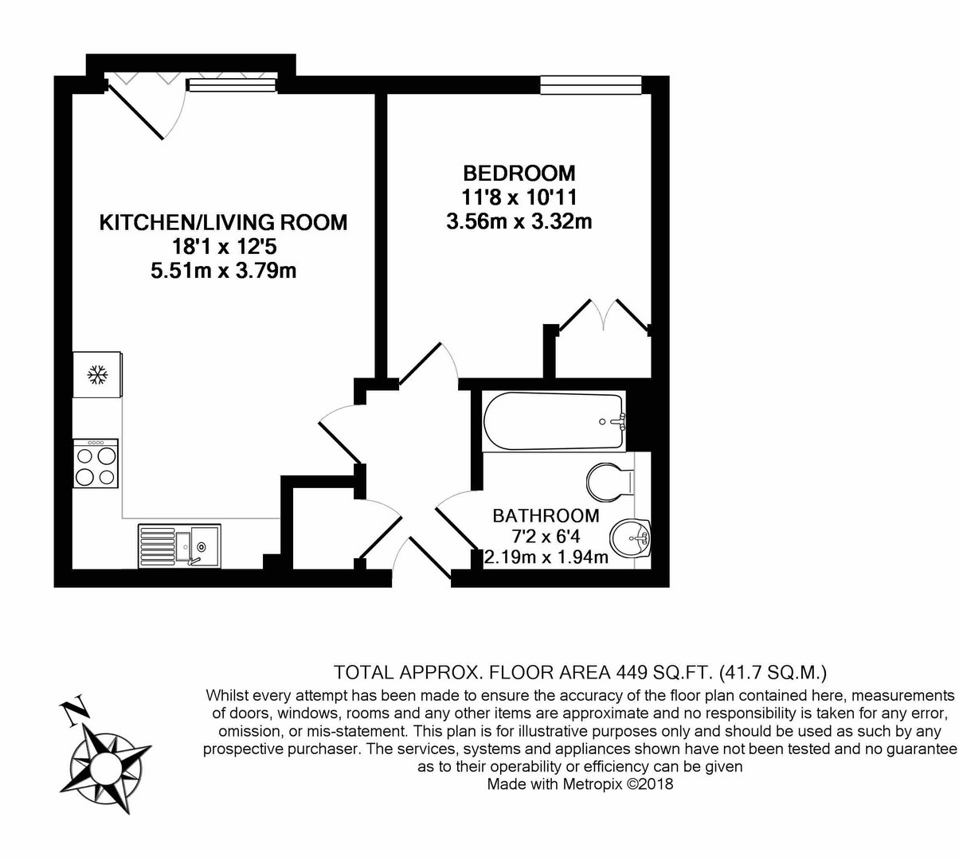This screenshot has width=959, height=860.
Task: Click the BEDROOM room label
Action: click(x=519, y=174)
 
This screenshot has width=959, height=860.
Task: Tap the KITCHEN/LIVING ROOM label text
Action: click(x=223, y=222)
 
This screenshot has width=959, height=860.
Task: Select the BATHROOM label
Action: click(x=546, y=515)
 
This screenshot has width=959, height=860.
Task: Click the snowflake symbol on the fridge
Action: click(x=97, y=375)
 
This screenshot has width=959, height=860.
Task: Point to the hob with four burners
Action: click(x=96, y=463)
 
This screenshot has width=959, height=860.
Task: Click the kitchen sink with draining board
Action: click(x=179, y=545)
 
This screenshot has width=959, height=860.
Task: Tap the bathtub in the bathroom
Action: click(x=554, y=421)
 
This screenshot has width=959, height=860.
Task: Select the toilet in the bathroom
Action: click(x=610, y=483)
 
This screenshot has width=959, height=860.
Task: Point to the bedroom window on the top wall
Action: click(x=591, y=85)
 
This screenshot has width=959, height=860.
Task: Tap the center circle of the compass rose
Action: click(x=107, y=766)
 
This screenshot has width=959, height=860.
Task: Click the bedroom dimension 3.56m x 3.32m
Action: click(x=519, y=221)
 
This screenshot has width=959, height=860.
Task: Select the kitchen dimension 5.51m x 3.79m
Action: click(x=223, y=271)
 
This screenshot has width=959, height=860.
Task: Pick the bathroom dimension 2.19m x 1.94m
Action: click(x=546, y=557)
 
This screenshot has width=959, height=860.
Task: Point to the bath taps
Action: click(x=618, y=421)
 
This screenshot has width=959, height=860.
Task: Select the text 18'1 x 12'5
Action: click(x=223, y=247)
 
